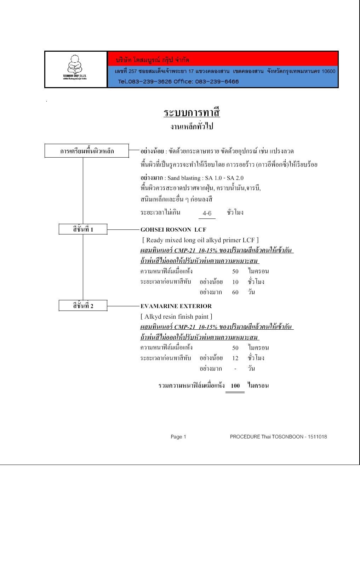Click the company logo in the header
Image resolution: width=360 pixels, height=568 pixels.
[x=75, y=67]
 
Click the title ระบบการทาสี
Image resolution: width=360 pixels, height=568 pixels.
[x=192, y=113]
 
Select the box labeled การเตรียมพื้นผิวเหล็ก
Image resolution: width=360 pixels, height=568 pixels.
[x=87, y=151]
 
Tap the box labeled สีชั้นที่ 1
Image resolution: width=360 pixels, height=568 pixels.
[x=83, y=229]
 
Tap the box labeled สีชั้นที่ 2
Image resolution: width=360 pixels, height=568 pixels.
[x=83, y=306]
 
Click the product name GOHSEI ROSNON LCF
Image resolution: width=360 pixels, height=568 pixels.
[x=173, y=230]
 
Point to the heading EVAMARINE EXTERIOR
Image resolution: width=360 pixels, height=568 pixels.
[x=176, y=306]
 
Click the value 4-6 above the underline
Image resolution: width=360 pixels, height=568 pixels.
[x=207, y=213]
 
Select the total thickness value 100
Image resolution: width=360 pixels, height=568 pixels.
[x=235, y=386]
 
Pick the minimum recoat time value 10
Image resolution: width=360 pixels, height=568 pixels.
[x=235, y=282]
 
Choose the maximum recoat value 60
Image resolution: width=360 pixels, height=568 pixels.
[x=235, y=292]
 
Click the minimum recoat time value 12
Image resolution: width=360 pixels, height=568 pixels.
[x=235, y=358]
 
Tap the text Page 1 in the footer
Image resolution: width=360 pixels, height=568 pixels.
[x=178, y=437]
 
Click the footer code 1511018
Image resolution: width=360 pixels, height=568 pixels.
[x=317, y=437]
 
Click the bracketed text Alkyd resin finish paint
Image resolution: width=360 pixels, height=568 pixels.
[x=176, y=317]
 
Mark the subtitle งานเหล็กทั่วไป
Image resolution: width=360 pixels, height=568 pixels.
[x=192, y=126]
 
